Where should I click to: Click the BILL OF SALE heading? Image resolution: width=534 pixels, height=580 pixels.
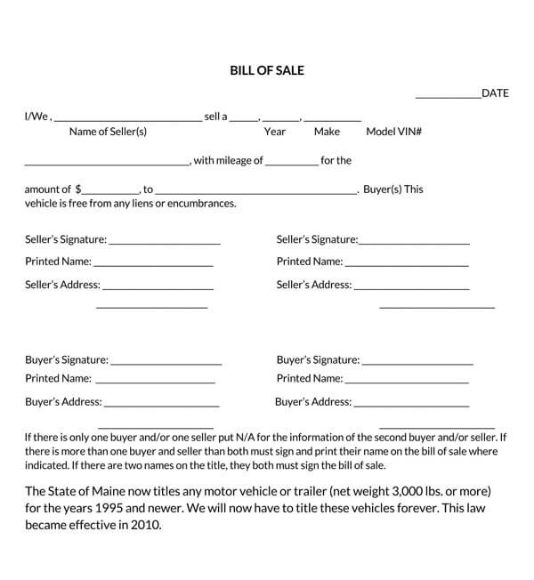(x=266, y=70)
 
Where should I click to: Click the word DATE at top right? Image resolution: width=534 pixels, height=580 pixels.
(x=495, y=93)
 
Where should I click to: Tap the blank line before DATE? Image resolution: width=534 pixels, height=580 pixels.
(x=448, y=96)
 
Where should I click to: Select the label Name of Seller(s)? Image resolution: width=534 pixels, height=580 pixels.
(x=108, y=132)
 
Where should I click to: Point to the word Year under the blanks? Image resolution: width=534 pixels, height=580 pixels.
(x=275, y=132)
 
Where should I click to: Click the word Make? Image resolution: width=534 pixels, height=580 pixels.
(x=327, y=132)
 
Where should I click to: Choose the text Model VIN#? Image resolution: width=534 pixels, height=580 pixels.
(x=393, y=132)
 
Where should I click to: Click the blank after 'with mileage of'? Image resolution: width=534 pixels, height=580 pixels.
(x=291, y=165)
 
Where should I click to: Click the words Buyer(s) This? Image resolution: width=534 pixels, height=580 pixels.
(x=393, y=189)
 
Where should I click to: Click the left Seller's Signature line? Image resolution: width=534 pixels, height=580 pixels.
(x=165, y=244)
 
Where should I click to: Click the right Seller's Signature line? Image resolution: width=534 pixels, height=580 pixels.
(x=414, y=244)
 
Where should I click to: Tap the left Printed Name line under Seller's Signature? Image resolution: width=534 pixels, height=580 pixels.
(x=153, y=265)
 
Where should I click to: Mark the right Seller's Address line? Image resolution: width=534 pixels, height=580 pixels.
(x=411, y=289)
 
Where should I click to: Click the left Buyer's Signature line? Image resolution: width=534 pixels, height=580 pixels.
(x=166, y=364)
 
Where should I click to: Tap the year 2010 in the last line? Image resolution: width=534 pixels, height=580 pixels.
(x=144, y=525)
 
